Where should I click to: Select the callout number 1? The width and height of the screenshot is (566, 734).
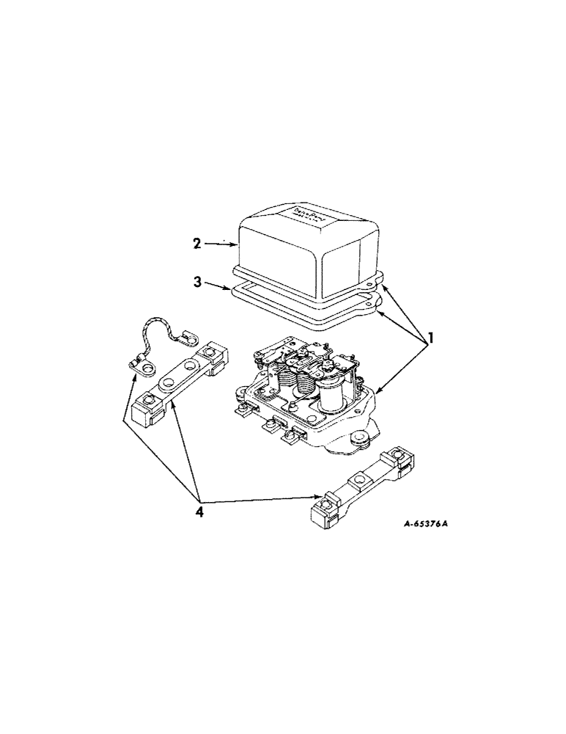tap(433, 339)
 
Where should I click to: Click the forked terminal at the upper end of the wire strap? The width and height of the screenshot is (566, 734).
tap(189, 339)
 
